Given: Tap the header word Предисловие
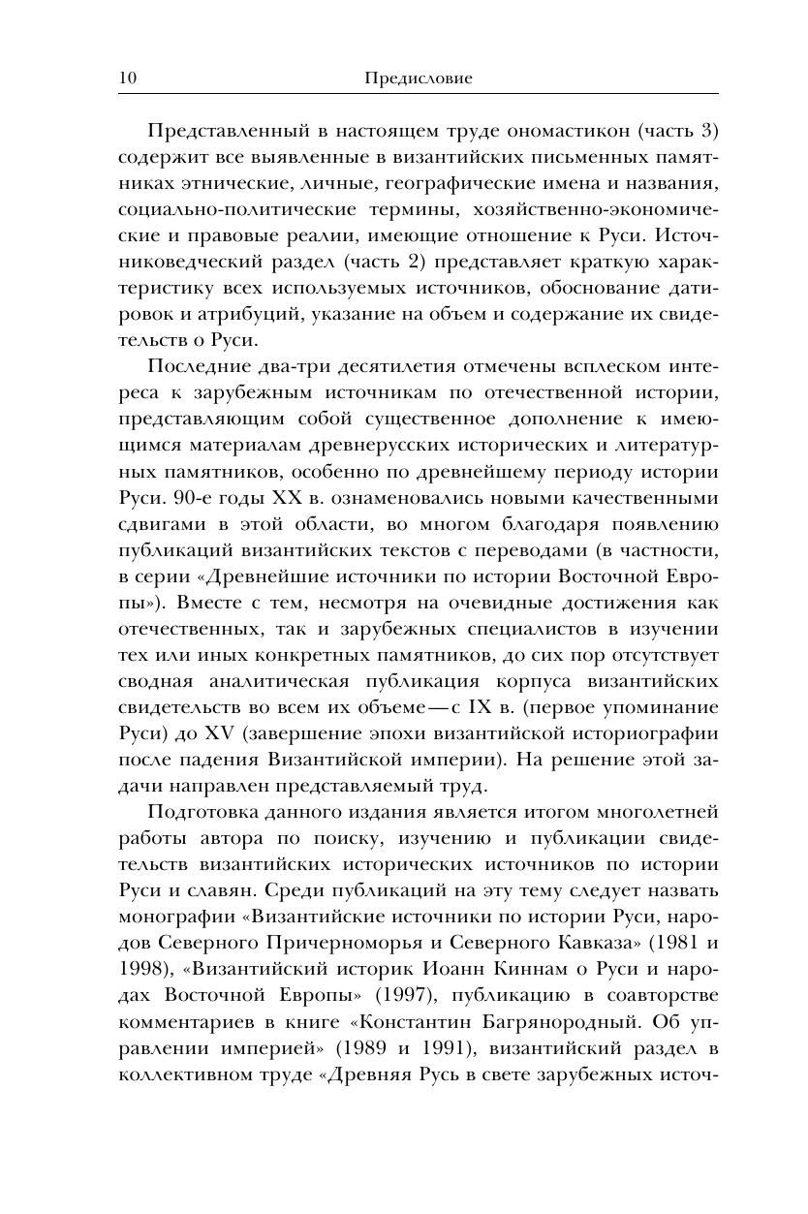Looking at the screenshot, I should [x=419, y=78].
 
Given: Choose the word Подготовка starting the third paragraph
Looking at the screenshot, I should [x=197, y=812].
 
